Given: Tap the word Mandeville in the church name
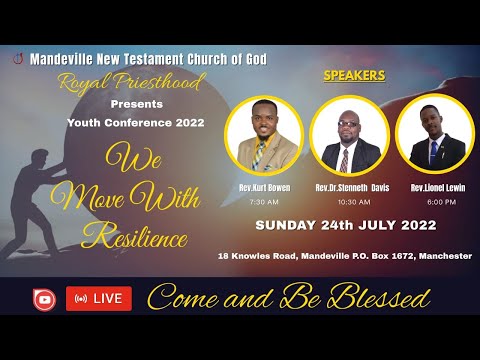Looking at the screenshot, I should pos(62,57).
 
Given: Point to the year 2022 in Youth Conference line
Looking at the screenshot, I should pos(185,123).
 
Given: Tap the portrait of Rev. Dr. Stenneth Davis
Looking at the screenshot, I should pos(350,139).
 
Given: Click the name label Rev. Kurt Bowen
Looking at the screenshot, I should pos(265,187).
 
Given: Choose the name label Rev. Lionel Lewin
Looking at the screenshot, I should pos(434,187).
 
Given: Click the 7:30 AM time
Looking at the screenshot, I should pos(265,200).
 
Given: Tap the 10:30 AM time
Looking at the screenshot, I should pos(350,200).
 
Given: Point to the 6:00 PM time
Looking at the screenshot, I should pos(434,200).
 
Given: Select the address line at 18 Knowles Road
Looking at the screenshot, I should pos(345,256).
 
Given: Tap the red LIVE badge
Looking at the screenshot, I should pos(99,298).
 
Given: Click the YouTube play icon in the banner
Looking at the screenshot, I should pos(44,298).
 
